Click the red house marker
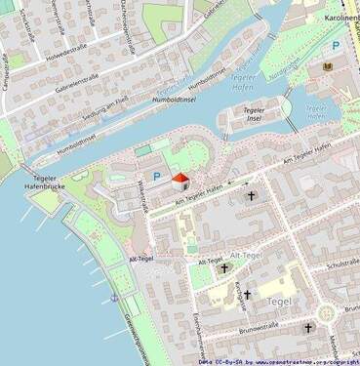[180, 180]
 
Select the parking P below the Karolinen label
[336, 46]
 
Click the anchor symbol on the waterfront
[114, 296]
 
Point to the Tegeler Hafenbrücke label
[43, 183]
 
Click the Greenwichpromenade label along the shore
[134, 327]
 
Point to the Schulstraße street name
[343, 264]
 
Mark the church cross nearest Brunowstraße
[307, 328]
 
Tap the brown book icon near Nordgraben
[328, 66]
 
